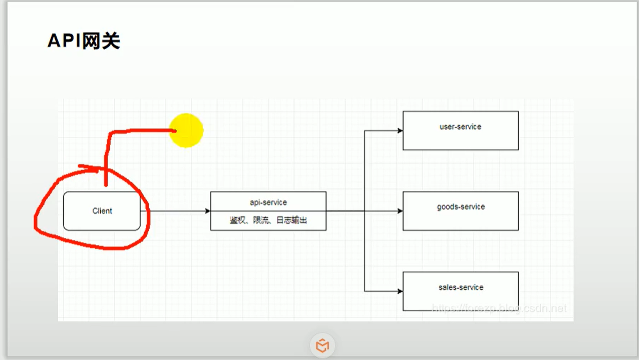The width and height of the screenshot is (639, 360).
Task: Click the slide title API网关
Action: click(x=83, y=41)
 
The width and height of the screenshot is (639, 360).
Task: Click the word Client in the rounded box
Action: click(x=102, y=211)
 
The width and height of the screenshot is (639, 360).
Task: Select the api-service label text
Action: click(x=268, y=202)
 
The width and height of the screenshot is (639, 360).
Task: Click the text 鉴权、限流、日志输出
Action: click(x=268, y=220)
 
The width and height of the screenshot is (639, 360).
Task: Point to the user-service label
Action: click(x=460, y=127)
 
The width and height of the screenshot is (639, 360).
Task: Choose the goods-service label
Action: click(x=461, y=207)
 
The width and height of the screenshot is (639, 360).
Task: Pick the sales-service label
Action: click(x=461, y=287)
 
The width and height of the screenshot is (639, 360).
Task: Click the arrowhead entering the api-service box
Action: click(x=207, y=211)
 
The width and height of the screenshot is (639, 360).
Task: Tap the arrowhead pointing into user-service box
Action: click(x=400, y=131)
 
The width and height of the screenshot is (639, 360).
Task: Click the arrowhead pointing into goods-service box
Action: click(x=400, y=211)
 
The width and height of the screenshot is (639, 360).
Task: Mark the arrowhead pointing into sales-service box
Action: click(x=400, y=291)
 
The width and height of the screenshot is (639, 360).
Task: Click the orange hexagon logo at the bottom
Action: click(x=322, y=346)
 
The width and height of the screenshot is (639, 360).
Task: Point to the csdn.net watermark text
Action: click(x=549, y=308)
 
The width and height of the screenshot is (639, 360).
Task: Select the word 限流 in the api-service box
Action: click(x=261, y=220)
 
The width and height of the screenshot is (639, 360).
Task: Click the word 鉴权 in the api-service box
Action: click(x=238, y=220)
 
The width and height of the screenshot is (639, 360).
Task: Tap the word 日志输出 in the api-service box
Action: click(x=291, y=220)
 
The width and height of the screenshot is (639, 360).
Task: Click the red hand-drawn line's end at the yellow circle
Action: click(x=174, y=131)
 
